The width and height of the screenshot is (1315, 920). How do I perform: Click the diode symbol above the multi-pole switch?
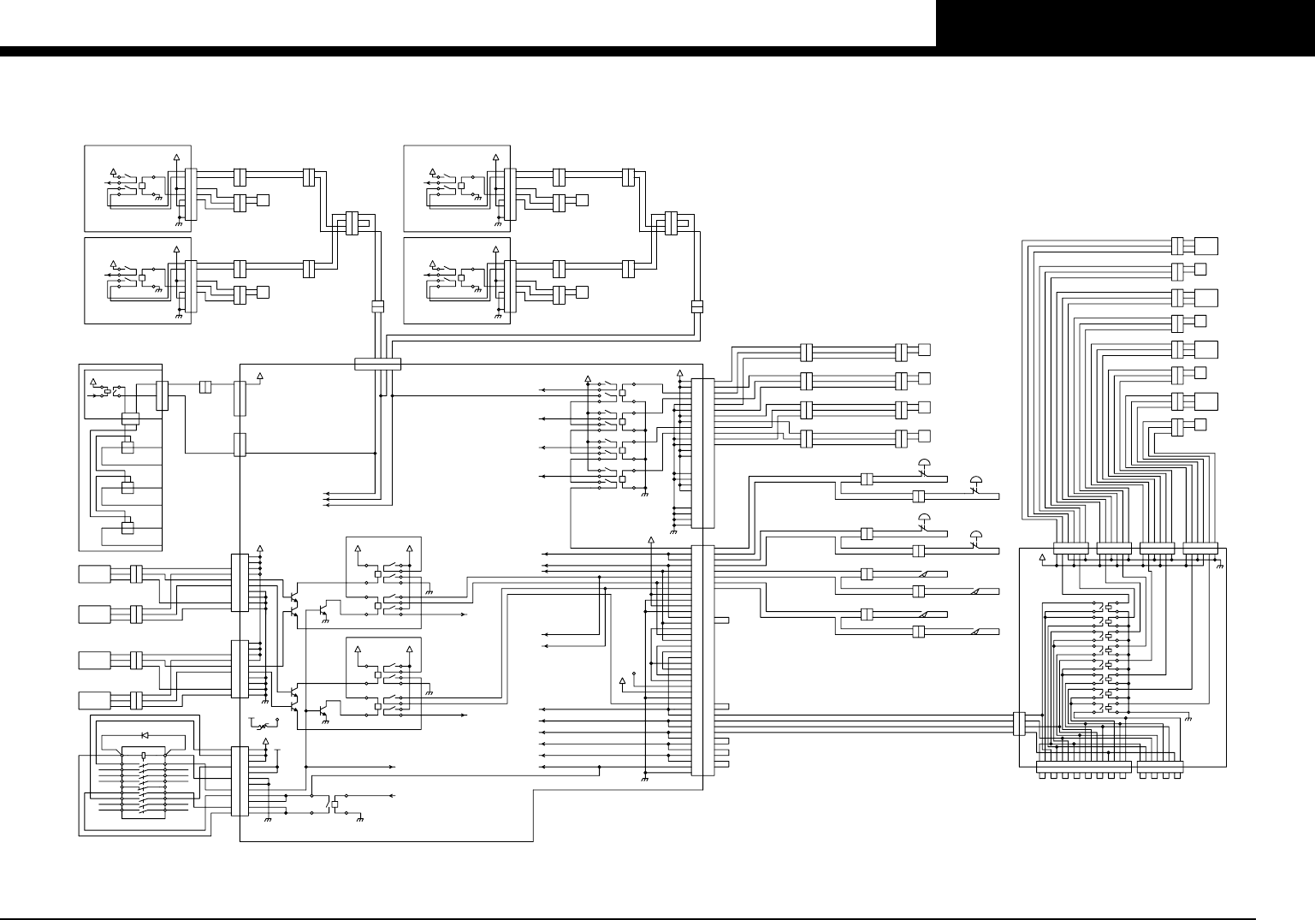coord(145,735)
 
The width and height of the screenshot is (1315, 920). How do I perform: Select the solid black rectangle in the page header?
coord(1125,23)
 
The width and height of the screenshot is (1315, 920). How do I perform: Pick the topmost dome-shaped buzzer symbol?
coord(924,466)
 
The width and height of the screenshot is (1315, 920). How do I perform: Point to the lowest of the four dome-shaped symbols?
coord(975,539)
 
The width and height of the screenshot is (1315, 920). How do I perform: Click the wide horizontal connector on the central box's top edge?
coord(377,365)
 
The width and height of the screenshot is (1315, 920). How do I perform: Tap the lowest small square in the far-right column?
coord(1199,424)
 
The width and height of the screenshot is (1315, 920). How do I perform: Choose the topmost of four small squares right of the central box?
coord(923,351)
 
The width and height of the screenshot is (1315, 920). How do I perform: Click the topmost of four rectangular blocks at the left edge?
coord(94,574)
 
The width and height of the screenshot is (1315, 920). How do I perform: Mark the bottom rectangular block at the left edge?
coord(94,700)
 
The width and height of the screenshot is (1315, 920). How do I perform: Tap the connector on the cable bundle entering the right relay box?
coord(1019,724)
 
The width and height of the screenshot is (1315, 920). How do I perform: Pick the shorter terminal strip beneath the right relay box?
coord(1160,767)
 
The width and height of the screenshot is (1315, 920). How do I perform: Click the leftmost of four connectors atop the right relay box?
coord(1070,548)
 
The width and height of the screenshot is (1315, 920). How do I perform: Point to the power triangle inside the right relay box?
coord(1041,557)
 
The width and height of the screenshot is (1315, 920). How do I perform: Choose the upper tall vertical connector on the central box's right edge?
coord(702,454)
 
